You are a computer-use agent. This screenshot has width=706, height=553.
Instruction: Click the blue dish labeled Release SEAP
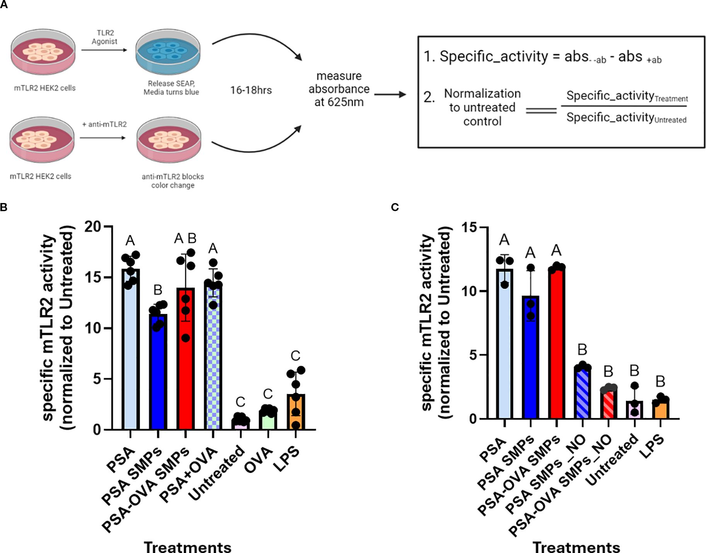pos(168,52)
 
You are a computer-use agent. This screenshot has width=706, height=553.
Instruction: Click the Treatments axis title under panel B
pos(188,547)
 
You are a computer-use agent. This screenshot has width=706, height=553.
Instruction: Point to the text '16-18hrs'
pos(251,90)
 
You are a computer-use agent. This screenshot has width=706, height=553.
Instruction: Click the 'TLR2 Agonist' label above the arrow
pos(104,37)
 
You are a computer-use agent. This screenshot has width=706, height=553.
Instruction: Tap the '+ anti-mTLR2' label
pos(104,124)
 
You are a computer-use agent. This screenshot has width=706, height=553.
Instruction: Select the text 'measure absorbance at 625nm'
pos(339,89)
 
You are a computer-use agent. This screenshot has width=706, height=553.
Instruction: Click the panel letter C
pos(395,208)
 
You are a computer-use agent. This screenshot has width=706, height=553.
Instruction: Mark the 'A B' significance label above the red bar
pos(185,239)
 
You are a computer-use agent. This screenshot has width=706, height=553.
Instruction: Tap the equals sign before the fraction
pos(541,111)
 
